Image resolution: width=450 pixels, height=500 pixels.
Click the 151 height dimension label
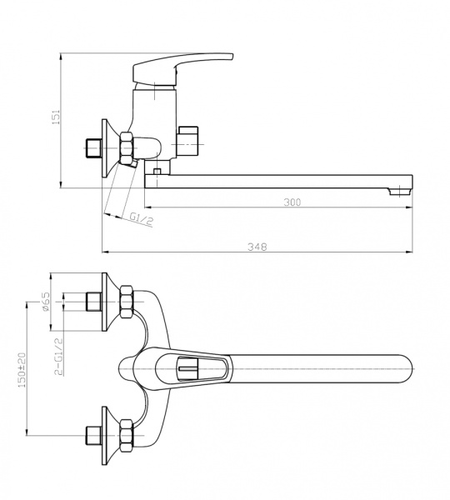(56, 117)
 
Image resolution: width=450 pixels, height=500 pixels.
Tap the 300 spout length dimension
(292, 202)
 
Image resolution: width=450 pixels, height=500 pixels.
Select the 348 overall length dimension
(257, 247)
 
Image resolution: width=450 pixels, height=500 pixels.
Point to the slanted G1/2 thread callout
(141, 218)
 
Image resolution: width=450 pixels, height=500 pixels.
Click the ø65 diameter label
(46, 301)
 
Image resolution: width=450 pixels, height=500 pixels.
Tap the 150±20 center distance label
(22, 369)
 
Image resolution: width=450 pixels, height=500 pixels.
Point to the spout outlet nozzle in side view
(398, 192)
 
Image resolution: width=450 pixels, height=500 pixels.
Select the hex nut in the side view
(127, 148)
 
